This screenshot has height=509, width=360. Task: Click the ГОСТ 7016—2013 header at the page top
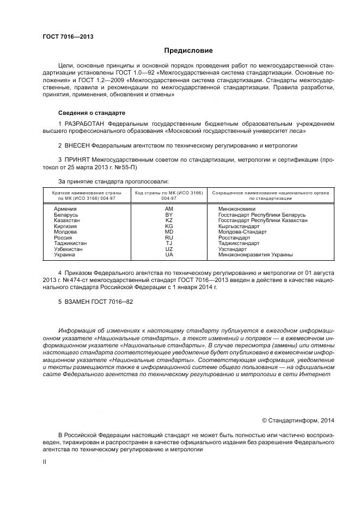68,37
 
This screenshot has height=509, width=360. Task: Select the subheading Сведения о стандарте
91,113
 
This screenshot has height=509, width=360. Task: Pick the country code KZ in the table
169,220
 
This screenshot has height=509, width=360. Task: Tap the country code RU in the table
169,238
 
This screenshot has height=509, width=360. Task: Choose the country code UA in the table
169,255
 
